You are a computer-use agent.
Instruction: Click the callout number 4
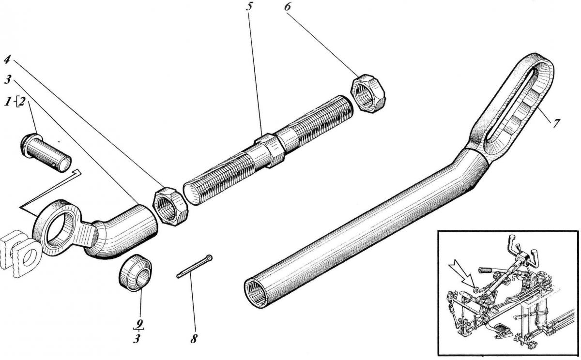6,60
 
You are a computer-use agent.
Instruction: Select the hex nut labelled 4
170,208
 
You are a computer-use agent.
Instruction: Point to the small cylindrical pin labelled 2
46,152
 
